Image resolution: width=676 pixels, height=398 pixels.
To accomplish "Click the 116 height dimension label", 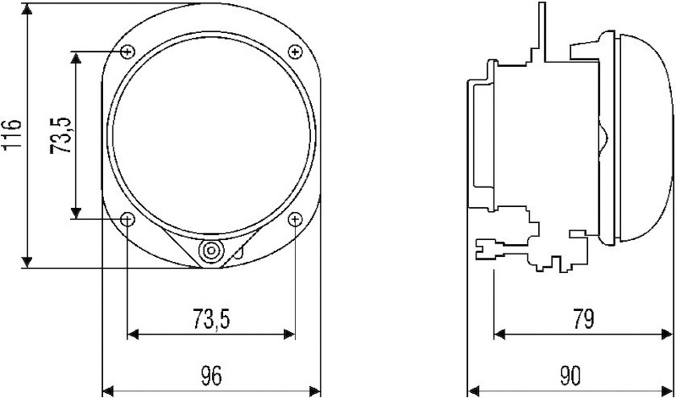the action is click(12, 135).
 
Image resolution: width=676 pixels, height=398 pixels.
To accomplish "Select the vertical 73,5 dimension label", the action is click(60, 135).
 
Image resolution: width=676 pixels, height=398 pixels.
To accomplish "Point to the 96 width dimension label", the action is click(211, 375).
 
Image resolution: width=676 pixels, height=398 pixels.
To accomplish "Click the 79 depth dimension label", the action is click(583, 319).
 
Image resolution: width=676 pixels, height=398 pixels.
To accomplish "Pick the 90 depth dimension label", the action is click(570, 375).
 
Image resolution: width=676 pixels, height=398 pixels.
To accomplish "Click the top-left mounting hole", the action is click(128, 52).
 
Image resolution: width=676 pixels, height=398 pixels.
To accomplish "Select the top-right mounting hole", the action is click(295, 52).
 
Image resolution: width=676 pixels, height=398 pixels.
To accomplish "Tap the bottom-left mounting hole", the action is click(128, 220).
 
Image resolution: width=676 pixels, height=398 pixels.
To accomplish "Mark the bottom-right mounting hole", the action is click(295, 220).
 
